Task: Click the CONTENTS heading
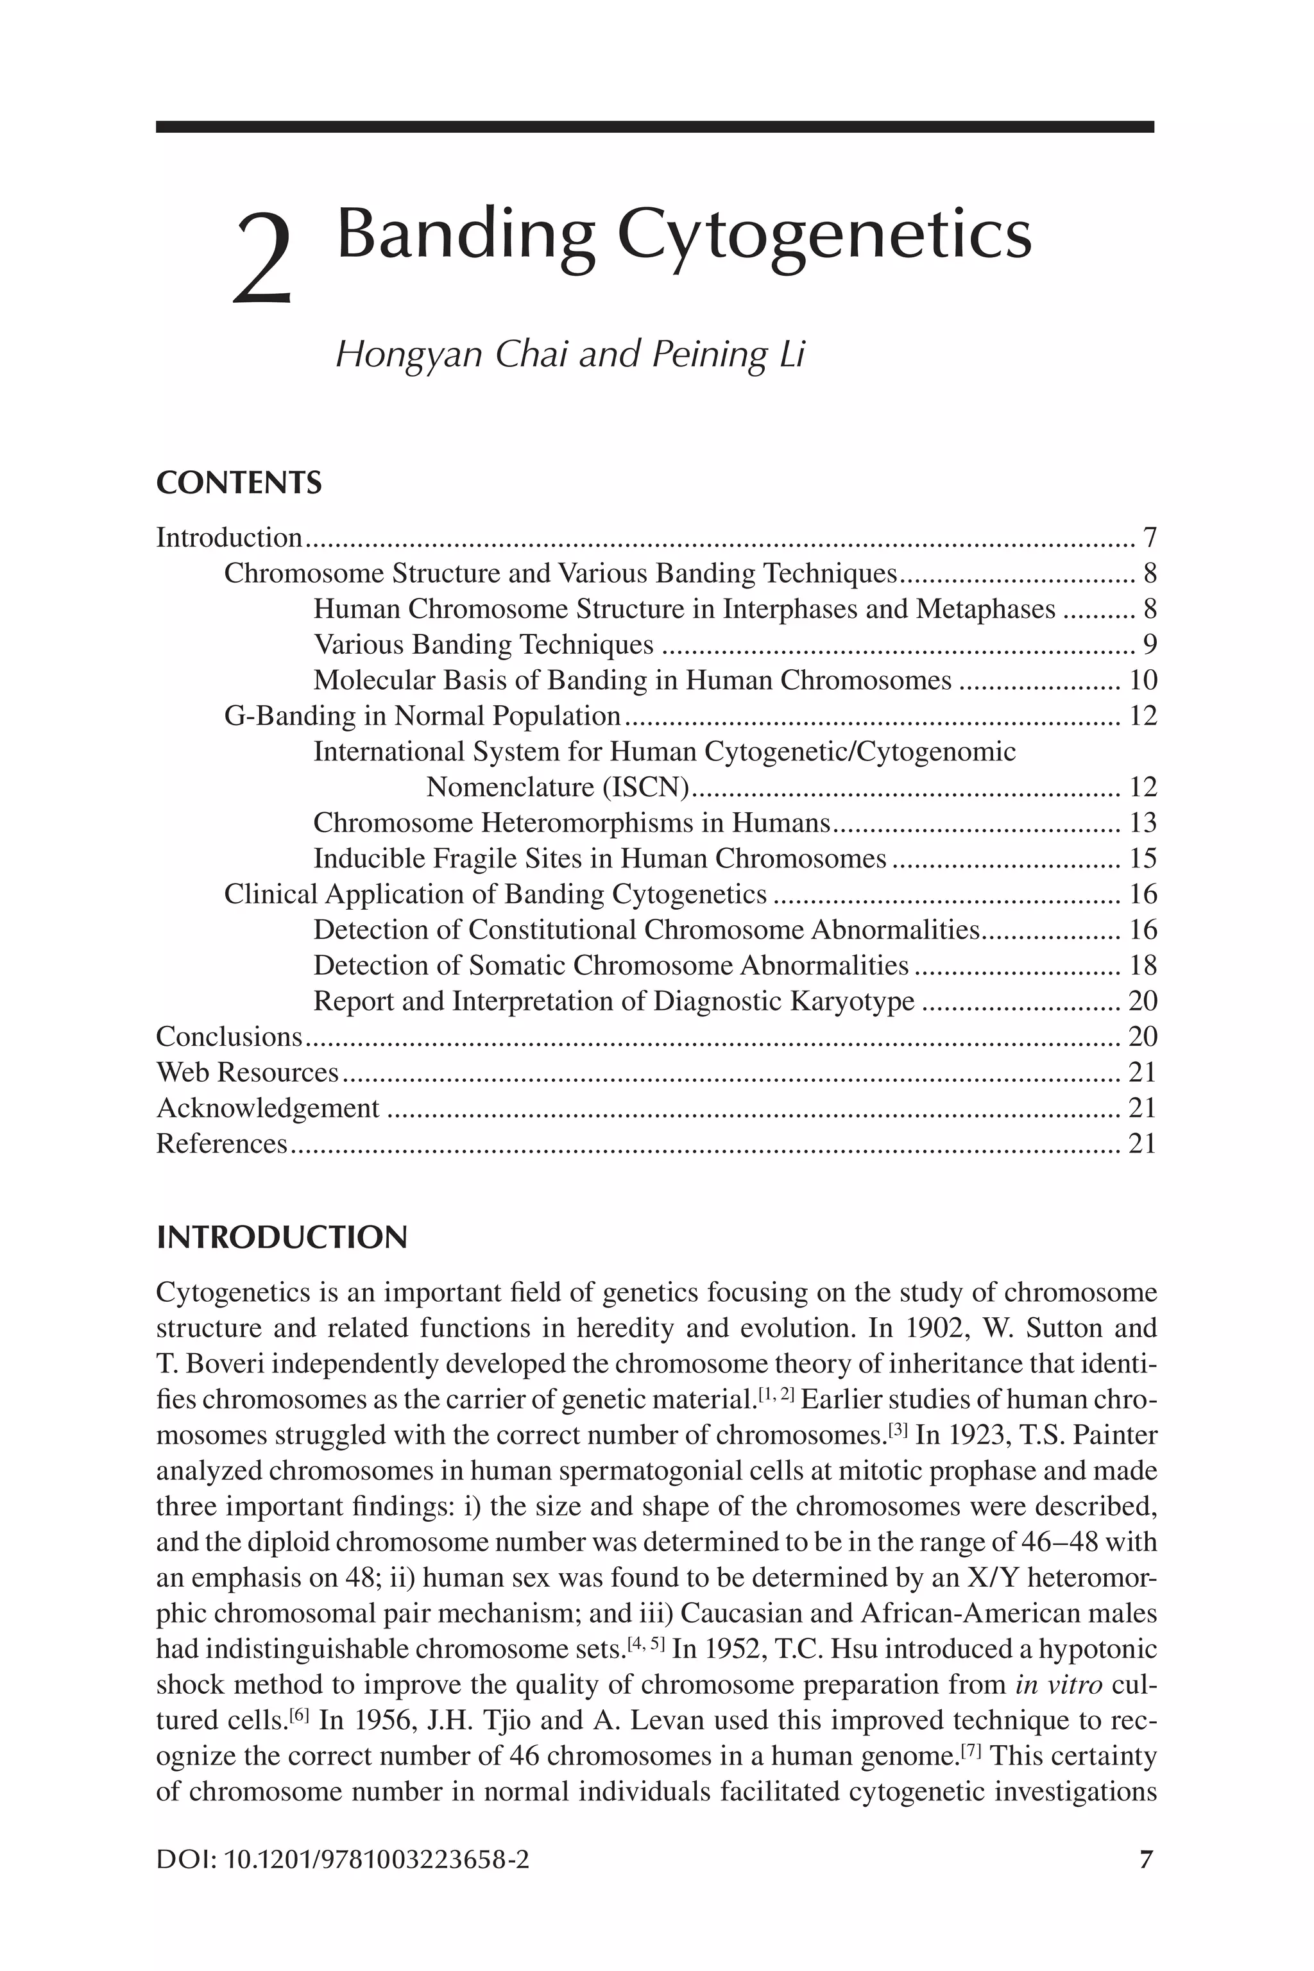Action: [239, 484]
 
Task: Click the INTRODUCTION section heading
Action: [282, 1238]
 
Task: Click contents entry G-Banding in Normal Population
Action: [422, 715]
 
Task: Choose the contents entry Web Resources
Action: [247, 1072]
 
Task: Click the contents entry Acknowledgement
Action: [268, 1108]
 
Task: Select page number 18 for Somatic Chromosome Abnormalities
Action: [1142, 966]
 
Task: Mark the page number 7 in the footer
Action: [1147, 1861]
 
